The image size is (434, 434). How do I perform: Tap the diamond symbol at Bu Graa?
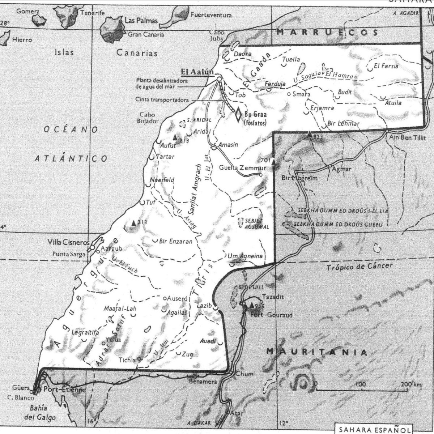click(238, 115)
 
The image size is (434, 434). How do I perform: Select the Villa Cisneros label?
click(68, 242)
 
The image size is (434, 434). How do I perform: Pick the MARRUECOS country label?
click(327, 33)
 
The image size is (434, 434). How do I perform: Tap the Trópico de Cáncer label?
click(359, 267)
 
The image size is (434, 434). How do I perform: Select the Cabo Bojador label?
click(146, 118)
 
